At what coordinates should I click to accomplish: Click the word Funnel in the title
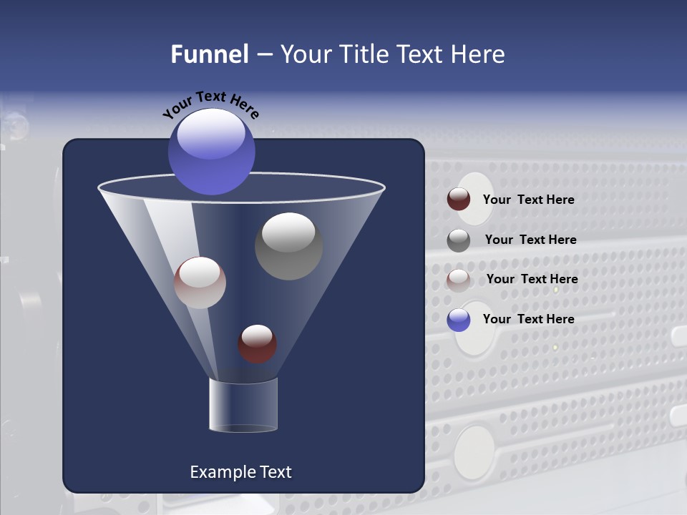(x=210, y=54)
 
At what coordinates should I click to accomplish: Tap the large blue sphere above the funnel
(x=212, y=152)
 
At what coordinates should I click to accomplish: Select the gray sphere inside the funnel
(x=288, y=247)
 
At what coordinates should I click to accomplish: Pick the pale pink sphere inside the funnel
(x=200, y=283)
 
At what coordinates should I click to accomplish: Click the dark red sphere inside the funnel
(x=257, y=344)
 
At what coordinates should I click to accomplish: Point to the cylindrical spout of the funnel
(x=243, y=405)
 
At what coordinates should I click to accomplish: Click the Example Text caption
(x=240, y=472)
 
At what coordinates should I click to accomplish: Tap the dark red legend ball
(x=459, y=200)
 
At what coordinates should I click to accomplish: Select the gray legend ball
(x=459, y=240)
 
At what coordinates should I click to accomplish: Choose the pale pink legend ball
(x=459, y=280)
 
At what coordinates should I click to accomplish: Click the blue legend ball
(x=459, y=320)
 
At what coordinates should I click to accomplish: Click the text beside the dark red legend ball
(x=528, y=200)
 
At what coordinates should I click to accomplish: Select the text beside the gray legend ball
(x=530, y=240)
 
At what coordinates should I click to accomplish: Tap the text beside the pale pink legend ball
(x=532, y=279)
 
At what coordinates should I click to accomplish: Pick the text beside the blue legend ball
(x=528, y=319)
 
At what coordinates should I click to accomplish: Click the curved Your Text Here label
(x=210, y=104)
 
